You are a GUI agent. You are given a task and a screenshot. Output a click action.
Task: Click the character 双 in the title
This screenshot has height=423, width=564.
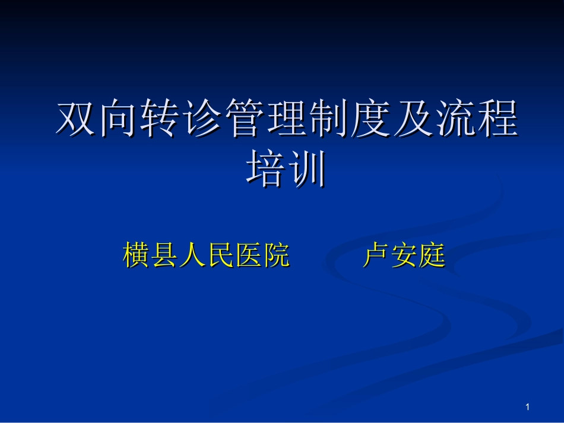(x=77, y=119)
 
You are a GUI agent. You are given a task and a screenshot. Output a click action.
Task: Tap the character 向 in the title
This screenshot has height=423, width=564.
(x=119, y=119)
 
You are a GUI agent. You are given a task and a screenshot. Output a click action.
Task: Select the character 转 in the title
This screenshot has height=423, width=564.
(x=161, y=119)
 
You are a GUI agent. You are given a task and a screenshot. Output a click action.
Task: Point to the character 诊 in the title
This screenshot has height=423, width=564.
(x=203, y=119)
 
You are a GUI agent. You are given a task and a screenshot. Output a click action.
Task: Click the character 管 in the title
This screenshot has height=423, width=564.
(x=245, y=119)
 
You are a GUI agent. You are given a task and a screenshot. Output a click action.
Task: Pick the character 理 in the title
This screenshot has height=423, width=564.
(x=287, y=119)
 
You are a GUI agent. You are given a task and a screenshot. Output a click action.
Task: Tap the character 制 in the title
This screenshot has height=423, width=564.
(x=329, y=119)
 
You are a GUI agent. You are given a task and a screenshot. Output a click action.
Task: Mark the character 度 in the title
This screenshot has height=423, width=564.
(x=372, y=119)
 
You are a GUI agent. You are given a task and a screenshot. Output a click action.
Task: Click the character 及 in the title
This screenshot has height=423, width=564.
(x=414, y=119)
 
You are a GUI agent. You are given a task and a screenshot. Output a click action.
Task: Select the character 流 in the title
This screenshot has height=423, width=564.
(x=456, y=119)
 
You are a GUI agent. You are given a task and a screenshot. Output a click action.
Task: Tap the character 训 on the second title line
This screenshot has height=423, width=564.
(x=308, y=168)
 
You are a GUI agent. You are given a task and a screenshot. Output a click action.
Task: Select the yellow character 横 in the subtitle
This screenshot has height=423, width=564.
(x=137, y=256)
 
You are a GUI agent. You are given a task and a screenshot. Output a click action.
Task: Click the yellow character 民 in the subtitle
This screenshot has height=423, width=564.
(x=220, y=256)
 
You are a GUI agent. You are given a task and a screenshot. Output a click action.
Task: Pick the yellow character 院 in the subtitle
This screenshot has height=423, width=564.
(x=276, y=256)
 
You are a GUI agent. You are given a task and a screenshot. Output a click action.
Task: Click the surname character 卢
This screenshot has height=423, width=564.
(x=376, y=256)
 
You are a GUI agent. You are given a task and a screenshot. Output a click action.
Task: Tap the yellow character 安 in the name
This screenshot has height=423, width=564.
(x=404, y=256)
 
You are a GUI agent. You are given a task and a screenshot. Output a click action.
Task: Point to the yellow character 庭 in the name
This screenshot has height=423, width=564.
(x=432, y=256)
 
